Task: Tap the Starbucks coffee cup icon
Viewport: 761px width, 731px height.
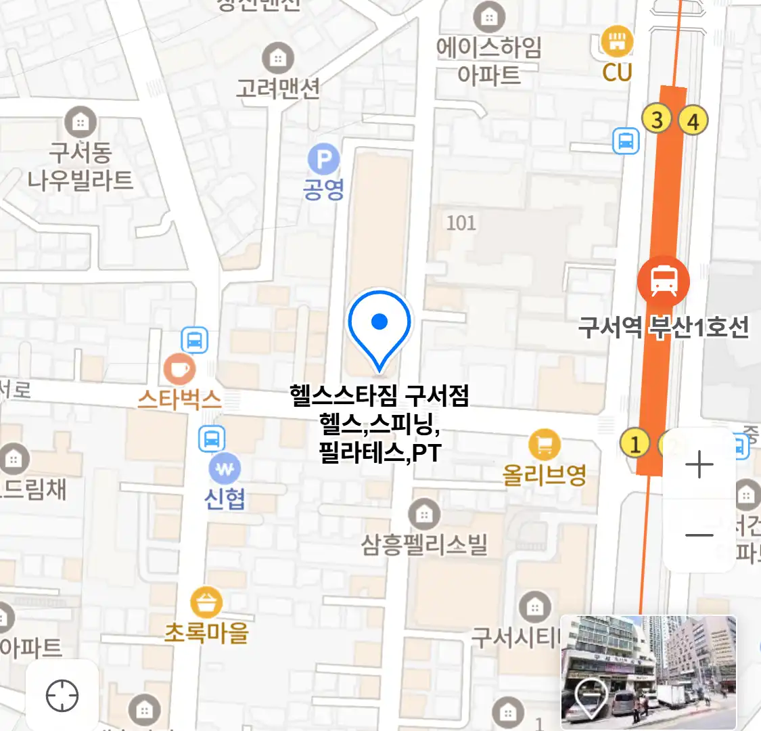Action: pos(179,370)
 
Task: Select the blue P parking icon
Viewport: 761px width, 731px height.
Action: pos(324,160)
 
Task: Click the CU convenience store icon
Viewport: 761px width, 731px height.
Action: pos(616,42)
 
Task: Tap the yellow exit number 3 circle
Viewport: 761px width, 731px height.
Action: pos(656,119)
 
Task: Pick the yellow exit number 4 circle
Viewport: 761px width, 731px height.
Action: pos(693,122)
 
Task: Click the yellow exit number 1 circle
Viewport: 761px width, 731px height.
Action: pos(635,444)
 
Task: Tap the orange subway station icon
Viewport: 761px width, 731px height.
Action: pos(664,281)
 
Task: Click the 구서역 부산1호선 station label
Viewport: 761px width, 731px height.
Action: pos(664,328)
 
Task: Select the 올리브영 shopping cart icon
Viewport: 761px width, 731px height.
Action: pos(545,445)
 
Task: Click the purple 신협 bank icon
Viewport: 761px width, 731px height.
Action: pos(225,468)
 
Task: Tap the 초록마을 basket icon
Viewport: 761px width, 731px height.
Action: pos(206,602)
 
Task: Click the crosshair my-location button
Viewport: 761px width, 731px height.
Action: pos(62,695)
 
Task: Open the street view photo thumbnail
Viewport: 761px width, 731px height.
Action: pos(648,672)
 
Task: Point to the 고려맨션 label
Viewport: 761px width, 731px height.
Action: pos(277,88)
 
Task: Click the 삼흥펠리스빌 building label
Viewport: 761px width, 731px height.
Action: pos(424,544)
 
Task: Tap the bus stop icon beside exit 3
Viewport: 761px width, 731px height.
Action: pos(626,141)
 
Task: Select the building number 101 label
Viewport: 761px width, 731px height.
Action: pos(461,223)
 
